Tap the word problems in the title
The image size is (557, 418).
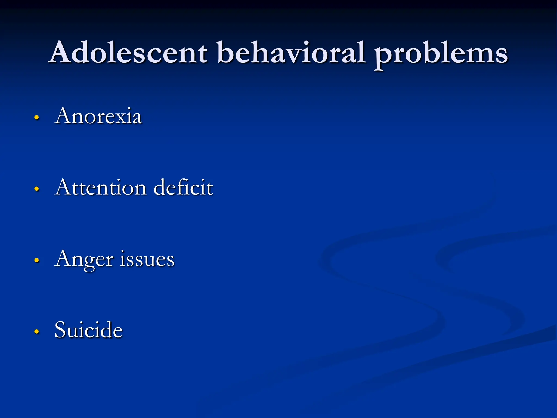pyautogui.click(x=441, y=54)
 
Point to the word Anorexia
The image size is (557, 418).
pyautogui.click(x=98, y=116)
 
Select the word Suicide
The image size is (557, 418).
pyautogui.click(x=89, y=330)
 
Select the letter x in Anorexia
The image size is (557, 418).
pyautogui.click(x=124, y=118)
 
